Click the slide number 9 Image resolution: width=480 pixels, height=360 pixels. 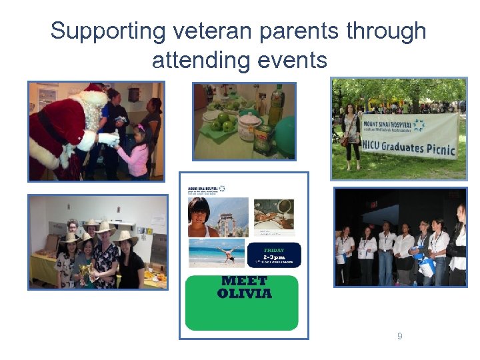click(x=399, y=337)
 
